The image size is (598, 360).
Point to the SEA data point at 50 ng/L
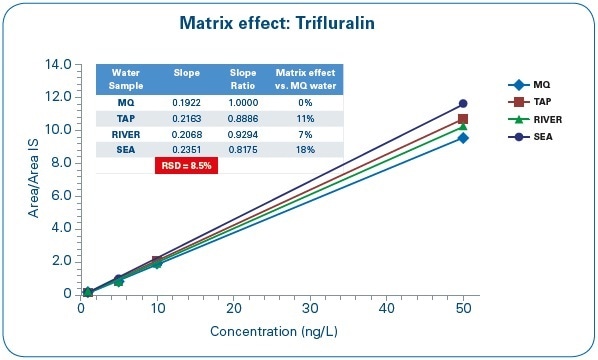pyautogui.click(x=463, y=103)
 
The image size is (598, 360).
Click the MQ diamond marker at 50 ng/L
pyautogui.click(x=463, y=138)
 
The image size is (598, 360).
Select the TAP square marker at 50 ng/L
pyautogui.click(x=463, y=118)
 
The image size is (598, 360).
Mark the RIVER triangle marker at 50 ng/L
pyautogui.click(x=463, y=126)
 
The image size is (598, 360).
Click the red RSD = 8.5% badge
pyautogui.click(x=185, y=165)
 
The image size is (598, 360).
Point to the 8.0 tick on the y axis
pyautogui.click(x=60, y=162)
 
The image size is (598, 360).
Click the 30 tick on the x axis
pyautogui.click(x=310, y=309)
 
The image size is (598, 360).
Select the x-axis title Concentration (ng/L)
pyautogui.click(x=272, y=331)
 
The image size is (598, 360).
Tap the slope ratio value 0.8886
pyautogui.click(x=244, y=117)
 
